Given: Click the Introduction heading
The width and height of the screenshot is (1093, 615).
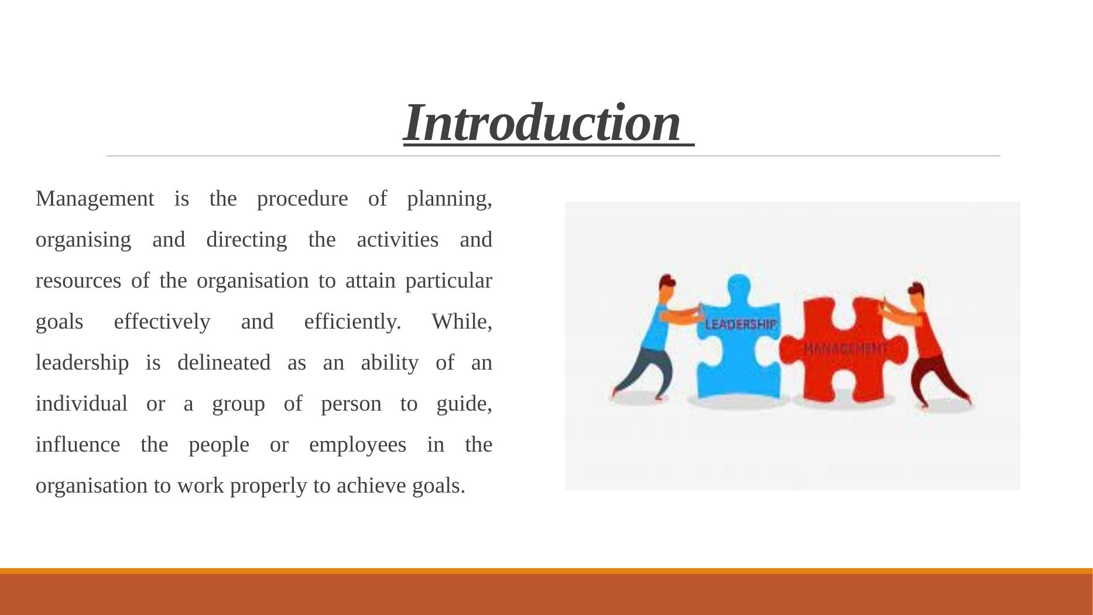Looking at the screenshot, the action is click(543, 122).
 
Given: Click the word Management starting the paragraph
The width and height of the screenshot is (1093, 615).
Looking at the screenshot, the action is click(95, 199).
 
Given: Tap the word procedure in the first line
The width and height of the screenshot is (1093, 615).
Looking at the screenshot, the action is click(302, 199).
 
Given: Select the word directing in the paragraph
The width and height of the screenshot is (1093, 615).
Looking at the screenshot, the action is click(246, 240).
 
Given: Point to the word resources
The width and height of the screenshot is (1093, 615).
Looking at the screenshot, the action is click(78, 281).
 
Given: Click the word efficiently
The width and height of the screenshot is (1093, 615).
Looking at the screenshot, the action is click(352, 322).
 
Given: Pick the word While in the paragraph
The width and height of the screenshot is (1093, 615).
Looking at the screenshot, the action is click(461, 322).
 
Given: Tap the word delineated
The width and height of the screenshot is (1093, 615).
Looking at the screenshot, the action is click(224, 363).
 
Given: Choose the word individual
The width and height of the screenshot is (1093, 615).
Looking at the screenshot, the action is click(81, 404).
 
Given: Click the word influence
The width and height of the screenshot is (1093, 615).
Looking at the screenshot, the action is click(78, 445).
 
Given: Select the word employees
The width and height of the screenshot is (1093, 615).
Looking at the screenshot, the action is click(357, 445).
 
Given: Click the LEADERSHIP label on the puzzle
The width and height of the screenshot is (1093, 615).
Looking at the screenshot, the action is click(741, 324).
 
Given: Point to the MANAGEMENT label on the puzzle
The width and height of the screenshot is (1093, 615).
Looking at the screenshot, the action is click(845, 348).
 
